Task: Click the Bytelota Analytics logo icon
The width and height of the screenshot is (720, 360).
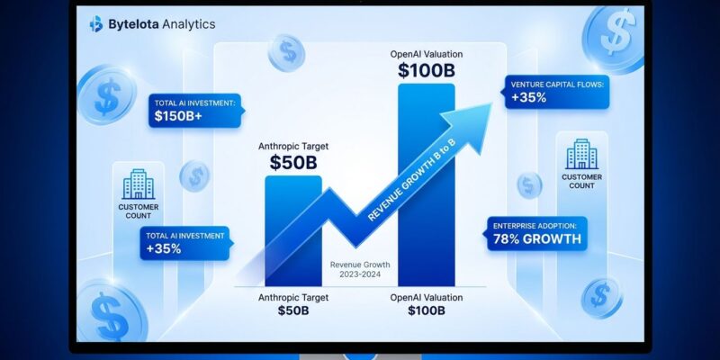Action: pyautogui.click(x=96, y=24)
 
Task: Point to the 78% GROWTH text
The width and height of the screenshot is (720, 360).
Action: pyautogui.click(x=536, y=240)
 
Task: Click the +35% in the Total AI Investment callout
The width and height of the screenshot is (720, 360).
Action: pyautogui.click(x=164, y=248)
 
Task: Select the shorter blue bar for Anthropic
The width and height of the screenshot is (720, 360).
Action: pyautogui.click(x=292, y=229)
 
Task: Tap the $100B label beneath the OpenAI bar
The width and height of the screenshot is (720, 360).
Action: pyautogui.click(x=426, y=311)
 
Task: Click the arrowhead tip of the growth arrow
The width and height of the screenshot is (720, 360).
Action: pyautogui.click(x=491, y=101)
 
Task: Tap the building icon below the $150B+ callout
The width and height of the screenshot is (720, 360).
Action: pyautogui.click(x=138, y=184)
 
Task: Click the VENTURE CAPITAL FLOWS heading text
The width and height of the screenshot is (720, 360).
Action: pyautogui.click(x=559, y=83)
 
